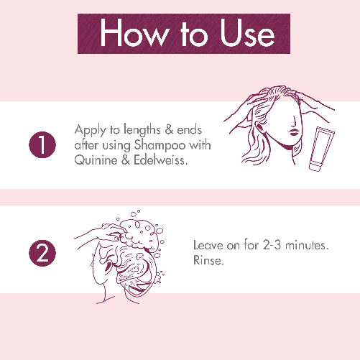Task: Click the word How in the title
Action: tap(129, 33)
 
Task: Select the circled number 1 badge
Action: tap(42, 146)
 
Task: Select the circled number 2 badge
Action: tap(42, 251)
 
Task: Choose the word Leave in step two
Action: tap(209, 245)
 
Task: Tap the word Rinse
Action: tap(208, 261)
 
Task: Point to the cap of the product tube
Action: tap(314, 167)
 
